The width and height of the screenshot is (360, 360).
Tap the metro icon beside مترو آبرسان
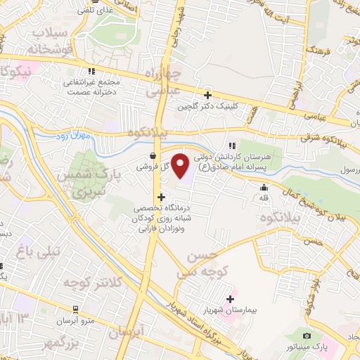click(x=75, y=309)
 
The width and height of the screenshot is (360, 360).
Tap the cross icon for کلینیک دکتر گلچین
click(x=207, y=95)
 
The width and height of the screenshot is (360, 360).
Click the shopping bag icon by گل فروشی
click(x=153, y=156)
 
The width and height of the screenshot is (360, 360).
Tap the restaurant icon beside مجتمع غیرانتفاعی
click(x=91, y=71)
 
